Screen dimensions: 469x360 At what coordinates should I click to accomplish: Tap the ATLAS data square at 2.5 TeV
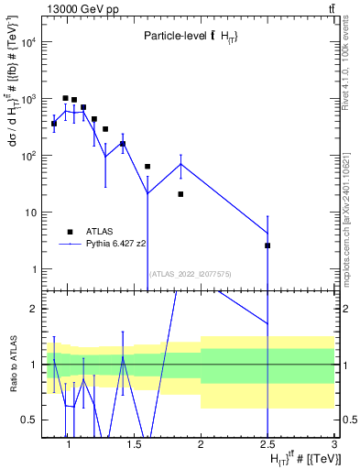click(267, 245)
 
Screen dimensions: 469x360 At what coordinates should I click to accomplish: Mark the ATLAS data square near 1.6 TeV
click(147, 167)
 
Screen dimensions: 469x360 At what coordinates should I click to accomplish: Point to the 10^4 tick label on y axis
click(27, 42)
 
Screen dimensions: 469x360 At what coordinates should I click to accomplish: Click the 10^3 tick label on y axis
click(27, 99)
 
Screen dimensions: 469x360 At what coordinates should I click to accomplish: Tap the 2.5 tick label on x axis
click(267, 445)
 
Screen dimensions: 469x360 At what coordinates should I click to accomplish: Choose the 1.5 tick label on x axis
click(135, 445)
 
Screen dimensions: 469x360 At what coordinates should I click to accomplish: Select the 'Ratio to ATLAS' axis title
click(13, 365)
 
